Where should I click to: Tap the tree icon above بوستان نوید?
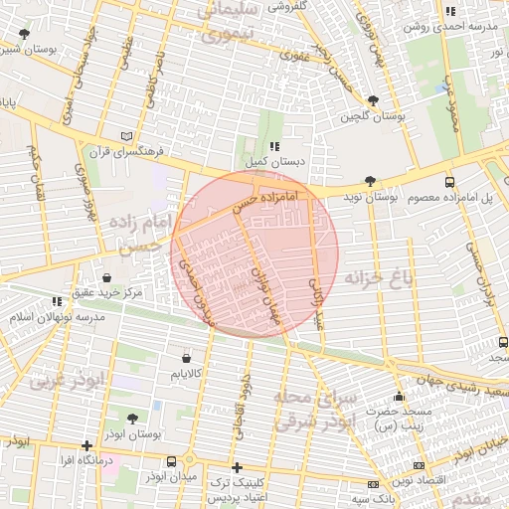tap(370, 181)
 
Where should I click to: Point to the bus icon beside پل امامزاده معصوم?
tap(449, 182)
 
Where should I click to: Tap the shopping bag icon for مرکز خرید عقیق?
tap(106, 276)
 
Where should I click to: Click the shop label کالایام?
tap(186, 374)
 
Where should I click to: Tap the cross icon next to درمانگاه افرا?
tap(87, 444)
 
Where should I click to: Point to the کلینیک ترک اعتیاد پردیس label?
tap(237, 488)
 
